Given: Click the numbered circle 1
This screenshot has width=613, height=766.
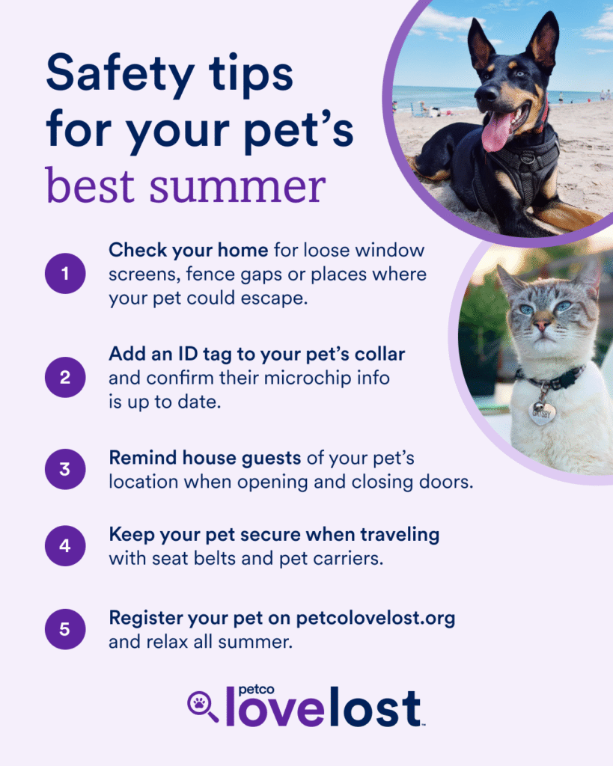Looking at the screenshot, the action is (65, 274).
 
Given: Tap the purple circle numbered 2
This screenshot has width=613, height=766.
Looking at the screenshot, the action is (65, 377).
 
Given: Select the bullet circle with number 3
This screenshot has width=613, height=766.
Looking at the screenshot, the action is (65, 469).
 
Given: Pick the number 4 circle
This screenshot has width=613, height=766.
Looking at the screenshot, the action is (65, 545).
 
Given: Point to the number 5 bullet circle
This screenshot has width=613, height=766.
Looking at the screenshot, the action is (65, 629).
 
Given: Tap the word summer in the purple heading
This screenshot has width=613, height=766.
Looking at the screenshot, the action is (237, 186).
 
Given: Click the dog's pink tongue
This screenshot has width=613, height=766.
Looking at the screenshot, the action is (496, 132).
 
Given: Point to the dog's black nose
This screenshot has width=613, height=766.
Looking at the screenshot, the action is (484, 93).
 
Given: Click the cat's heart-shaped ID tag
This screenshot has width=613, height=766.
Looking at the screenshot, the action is (542, 413).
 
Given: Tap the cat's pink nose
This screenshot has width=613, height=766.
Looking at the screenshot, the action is (541, 325).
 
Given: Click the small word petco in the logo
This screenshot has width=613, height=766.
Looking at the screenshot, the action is (256, 690).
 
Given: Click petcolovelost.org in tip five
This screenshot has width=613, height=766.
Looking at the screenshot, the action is (376, 619).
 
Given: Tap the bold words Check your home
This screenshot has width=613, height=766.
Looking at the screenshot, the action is (188, 251).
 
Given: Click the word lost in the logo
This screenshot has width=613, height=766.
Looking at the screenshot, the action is (376, 707).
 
